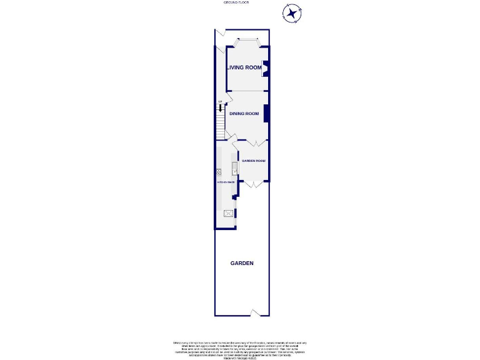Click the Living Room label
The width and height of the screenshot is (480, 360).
tap(244, 67)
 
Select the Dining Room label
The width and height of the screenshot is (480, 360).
tap(244, 113)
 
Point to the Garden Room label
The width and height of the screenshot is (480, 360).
tap(254, 161)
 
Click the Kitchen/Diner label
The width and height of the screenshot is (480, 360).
tap(226, 181)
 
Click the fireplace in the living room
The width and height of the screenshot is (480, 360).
tap(265, 68)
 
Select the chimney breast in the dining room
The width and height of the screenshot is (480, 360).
tap(267, 113)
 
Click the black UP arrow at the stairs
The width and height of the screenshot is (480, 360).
tap(220, 107)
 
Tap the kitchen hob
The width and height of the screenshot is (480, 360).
tap(219, 172)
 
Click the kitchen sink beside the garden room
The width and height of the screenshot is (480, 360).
tap(234, 167)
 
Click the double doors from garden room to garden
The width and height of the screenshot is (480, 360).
tap(253, 184)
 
